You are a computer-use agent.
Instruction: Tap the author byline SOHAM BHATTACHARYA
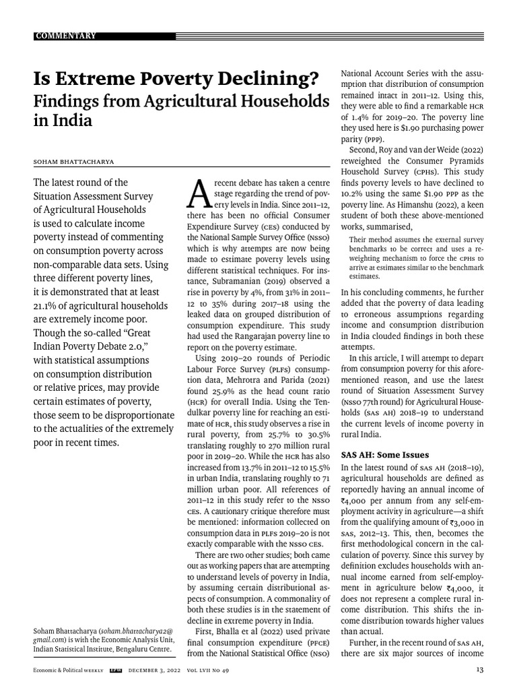[73, 162]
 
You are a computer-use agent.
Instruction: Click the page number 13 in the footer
[479, 669]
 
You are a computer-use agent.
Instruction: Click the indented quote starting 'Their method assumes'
[416, 257]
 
